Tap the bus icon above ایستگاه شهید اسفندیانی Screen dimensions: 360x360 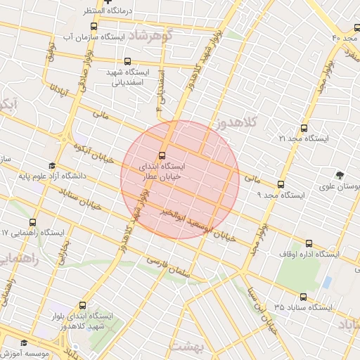127,61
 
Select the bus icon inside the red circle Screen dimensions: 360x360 162,155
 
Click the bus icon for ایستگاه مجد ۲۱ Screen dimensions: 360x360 304,128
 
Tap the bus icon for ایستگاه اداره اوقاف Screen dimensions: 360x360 308,243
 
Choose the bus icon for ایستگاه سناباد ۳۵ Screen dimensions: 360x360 304,297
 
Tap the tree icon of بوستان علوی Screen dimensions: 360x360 341,174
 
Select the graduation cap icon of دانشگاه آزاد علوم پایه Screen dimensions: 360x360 52,165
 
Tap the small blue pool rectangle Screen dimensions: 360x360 327,282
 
